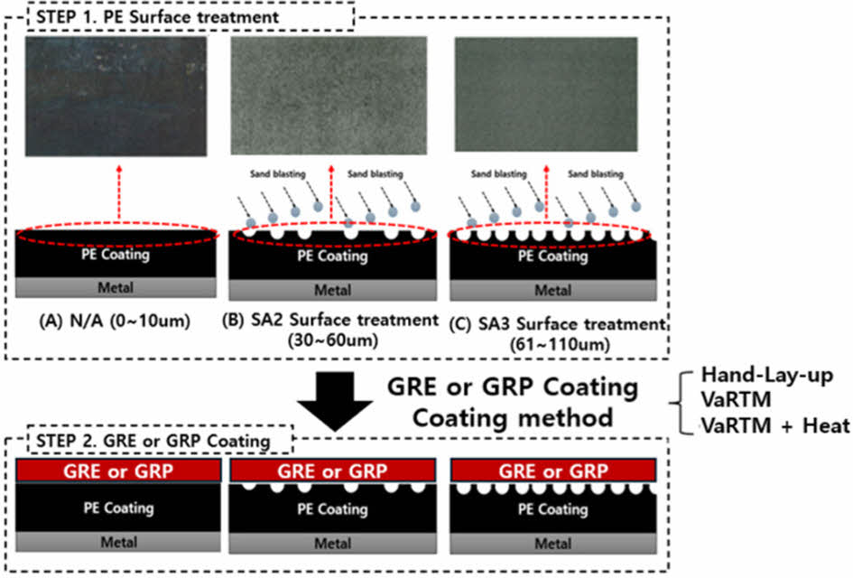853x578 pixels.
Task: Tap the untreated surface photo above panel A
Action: [116, 93]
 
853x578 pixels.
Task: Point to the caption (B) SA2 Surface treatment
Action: [333, 320]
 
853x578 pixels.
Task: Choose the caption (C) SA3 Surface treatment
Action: [557, 323]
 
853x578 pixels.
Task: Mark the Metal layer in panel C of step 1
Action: [552, 290]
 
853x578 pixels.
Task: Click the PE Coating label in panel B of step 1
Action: [333, 256]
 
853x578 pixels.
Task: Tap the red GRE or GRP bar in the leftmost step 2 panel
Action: [117, 471]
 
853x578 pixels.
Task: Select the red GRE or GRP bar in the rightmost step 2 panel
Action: [552, 471]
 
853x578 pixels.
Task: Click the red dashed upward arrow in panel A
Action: [118, 185]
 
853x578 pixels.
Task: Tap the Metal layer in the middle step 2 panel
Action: [333, 543]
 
